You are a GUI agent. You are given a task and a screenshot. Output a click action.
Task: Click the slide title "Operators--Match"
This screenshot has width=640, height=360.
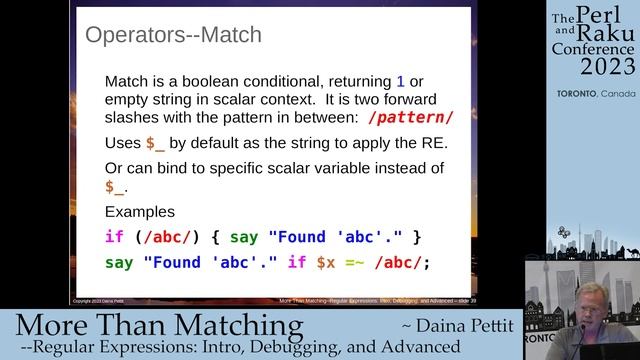(x=173, y=36)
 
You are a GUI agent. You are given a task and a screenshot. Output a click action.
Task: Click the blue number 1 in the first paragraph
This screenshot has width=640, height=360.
(x=401, y=80)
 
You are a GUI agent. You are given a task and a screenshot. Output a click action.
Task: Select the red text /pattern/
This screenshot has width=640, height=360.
(x=410, y=117)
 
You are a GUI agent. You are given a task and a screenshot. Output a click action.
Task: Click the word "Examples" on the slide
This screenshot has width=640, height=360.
(x=139, y=213)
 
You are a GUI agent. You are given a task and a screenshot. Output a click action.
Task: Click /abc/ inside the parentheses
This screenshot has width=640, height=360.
(x=165, y=237)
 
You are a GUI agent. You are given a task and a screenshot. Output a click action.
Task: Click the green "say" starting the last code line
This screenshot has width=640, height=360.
(x=119, y=263)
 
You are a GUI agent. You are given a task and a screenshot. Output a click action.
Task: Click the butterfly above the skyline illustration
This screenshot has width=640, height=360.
(x=564, y=232)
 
